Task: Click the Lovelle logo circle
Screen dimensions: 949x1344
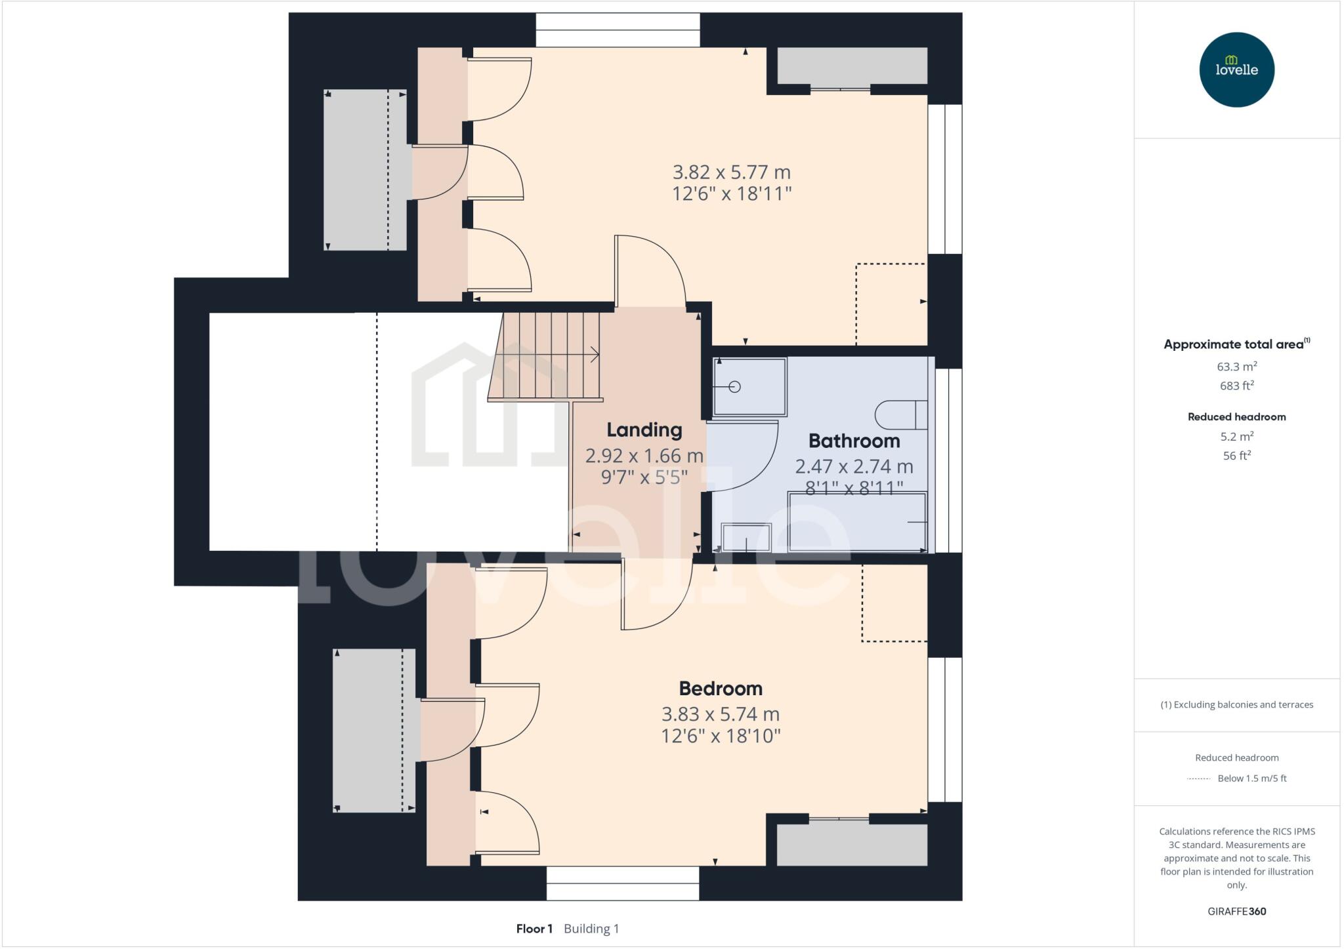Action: click(1236, 70)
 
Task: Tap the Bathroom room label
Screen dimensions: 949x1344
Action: click(854, 441)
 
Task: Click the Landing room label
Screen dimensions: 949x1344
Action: click(644, 430)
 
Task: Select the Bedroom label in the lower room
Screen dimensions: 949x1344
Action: click(721, 689)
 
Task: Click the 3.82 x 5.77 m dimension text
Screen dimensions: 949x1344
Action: click(731, 172)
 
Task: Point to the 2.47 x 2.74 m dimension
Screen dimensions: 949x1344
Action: click(854, 466)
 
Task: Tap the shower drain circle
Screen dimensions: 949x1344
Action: click(735, 387)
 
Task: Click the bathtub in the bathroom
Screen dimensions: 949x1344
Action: click(857, 522)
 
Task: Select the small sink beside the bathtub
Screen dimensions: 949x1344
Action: click(746, 537)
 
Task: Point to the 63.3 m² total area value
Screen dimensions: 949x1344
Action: click(1236, 367)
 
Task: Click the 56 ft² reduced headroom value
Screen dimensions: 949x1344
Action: click(1236, 456)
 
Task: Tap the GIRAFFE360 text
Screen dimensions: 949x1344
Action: click(1236, 911)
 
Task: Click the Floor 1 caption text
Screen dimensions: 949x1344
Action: click(534, 929)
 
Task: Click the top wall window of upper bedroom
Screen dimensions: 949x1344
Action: click(618, 30)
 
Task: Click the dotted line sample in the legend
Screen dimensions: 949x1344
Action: click(1198, 778)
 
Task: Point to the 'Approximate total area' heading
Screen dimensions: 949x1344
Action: click(1234, 344)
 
